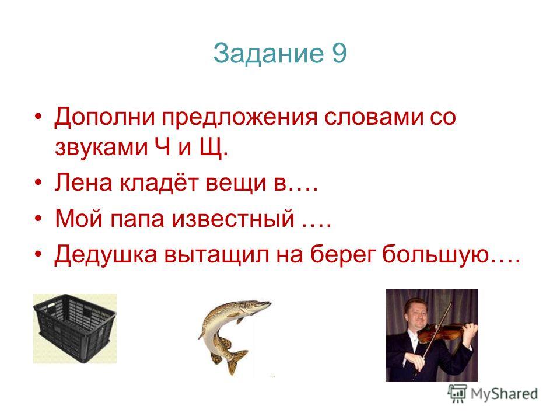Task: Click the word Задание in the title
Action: point(268,54)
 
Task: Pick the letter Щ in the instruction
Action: point(211,147)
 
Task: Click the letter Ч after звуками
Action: point(163,146)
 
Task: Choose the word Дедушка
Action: point(106,255)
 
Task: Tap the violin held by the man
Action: point(446,332)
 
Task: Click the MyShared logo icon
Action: point(458,393)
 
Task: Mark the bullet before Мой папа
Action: point(38,219)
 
